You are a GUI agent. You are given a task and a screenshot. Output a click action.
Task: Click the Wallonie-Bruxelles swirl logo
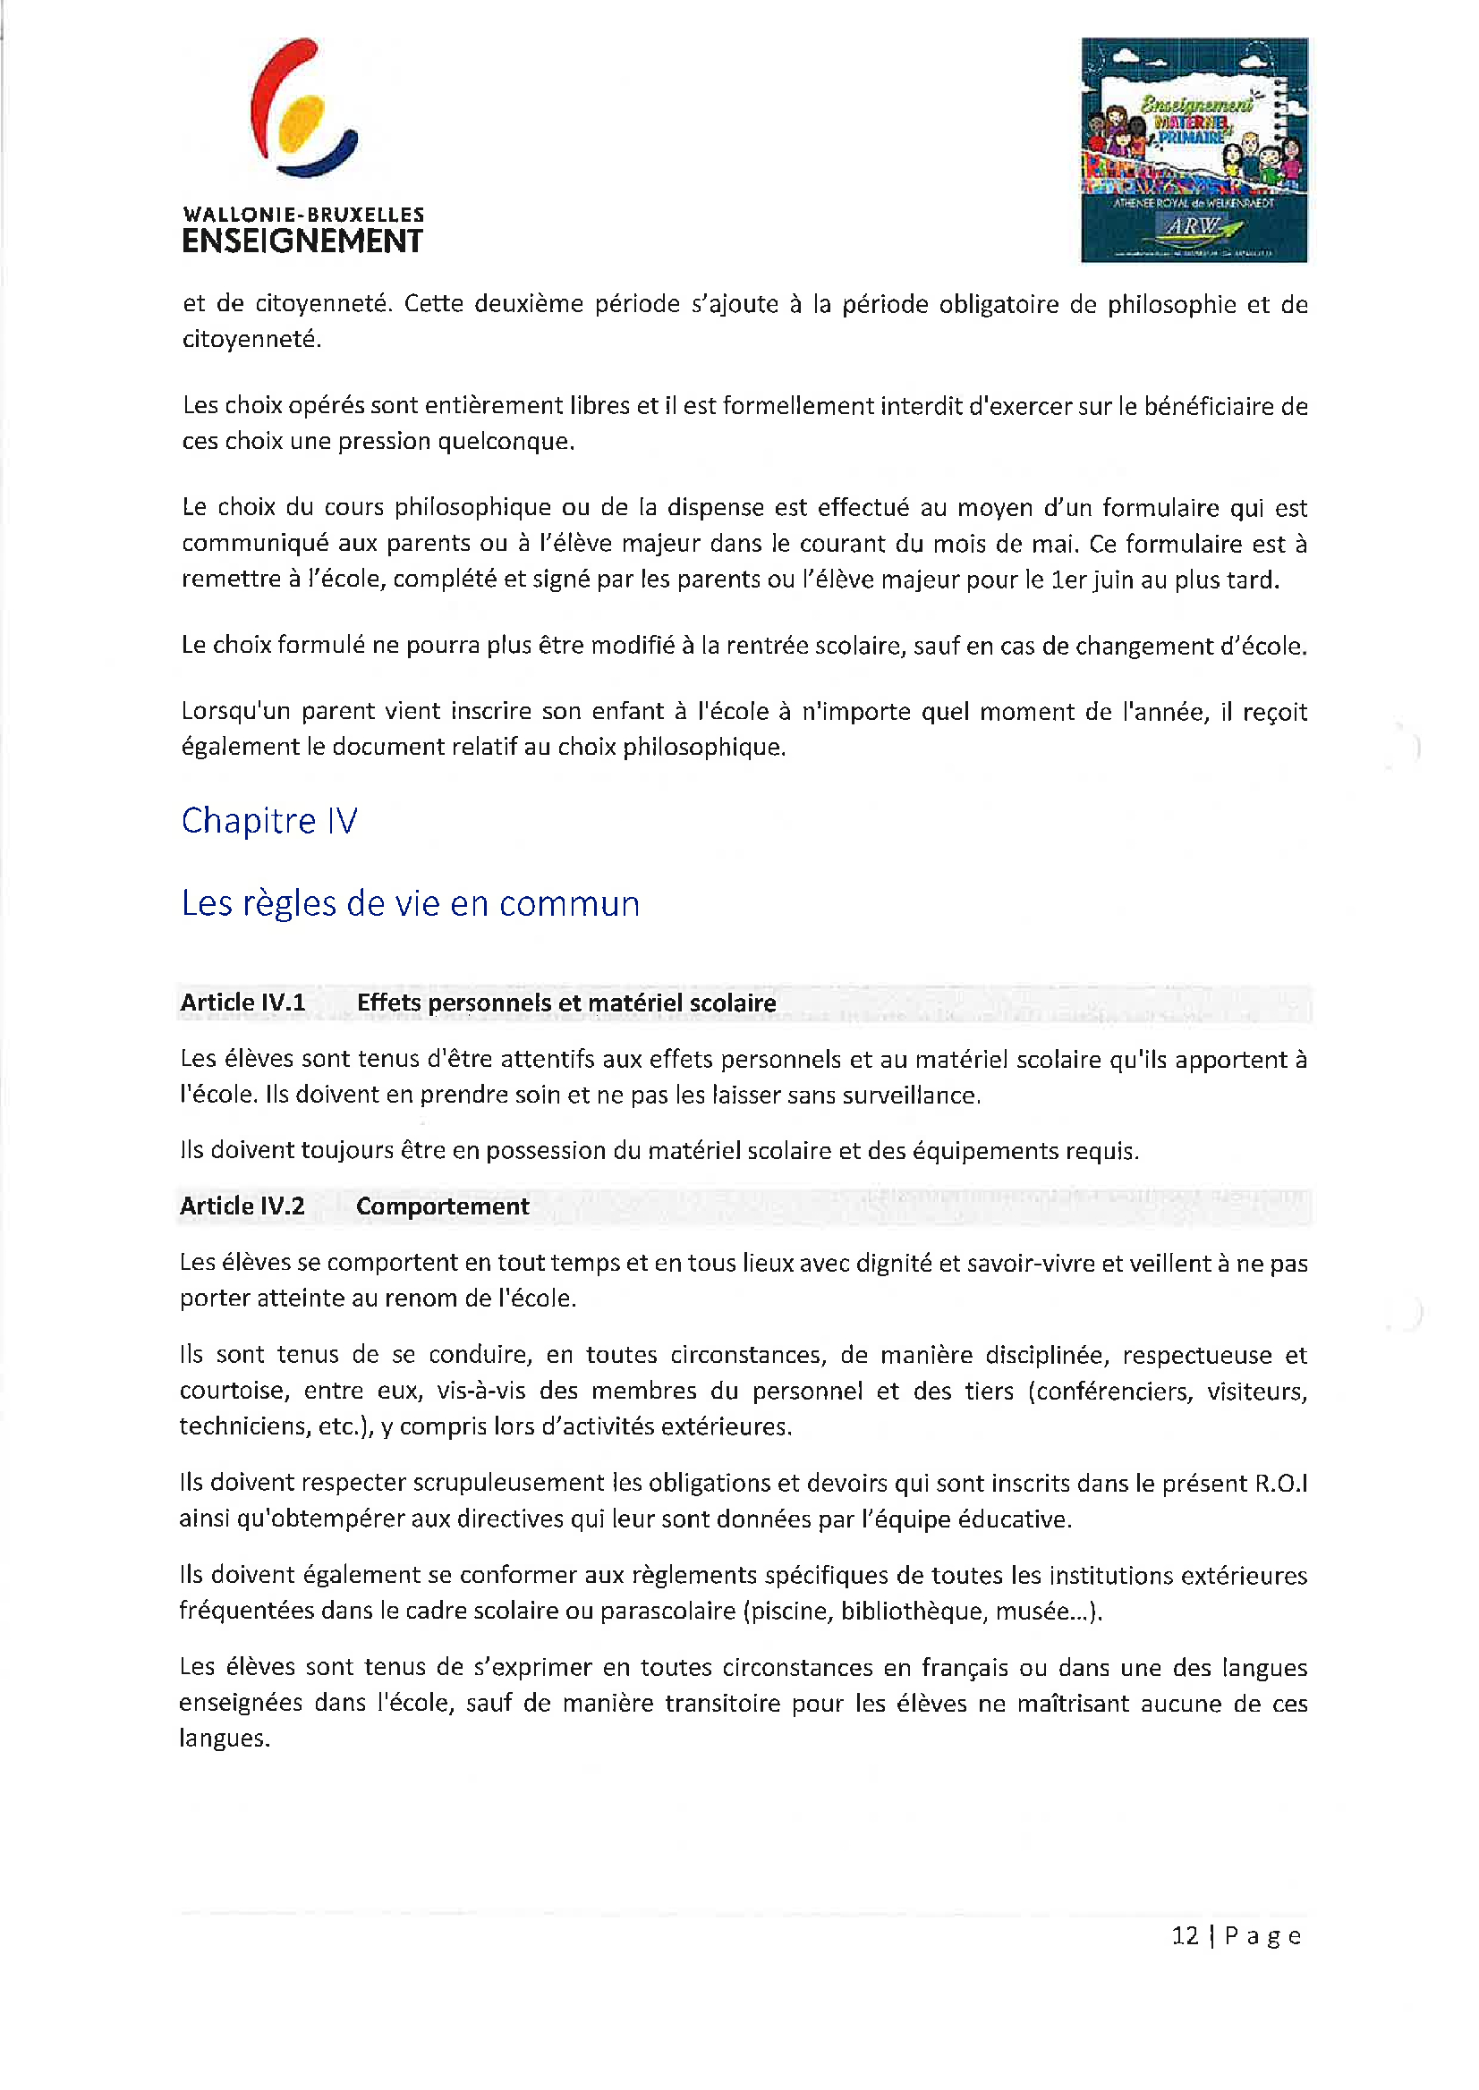pyautogui.click(x=302, y=109)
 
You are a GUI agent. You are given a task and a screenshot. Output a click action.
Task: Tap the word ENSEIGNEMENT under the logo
pyautogui.click(x=302, y=242)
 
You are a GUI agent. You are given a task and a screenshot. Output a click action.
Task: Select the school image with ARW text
pyautogui.click(x=1194, y=150)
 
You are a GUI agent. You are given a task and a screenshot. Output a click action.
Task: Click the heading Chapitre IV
pyautogui.click(x=269, y=821)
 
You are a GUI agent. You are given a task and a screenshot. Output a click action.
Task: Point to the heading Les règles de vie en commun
pyautogui.click(x=410, y=904)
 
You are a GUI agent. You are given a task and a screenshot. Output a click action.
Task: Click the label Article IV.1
pyautogui.click(x=242, y=1003)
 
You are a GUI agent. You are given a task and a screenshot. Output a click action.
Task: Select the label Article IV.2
pyautogui.click(x=242, y=1206)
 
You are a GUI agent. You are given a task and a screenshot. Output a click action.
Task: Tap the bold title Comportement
pyautogui.click(x=443, y=1206)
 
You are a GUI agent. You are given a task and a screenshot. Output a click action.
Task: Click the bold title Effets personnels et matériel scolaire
pyautogui.click(x=566, y=1003)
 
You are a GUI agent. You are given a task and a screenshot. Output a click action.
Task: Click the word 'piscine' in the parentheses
pyautogui.click(x=788, y=1612)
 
